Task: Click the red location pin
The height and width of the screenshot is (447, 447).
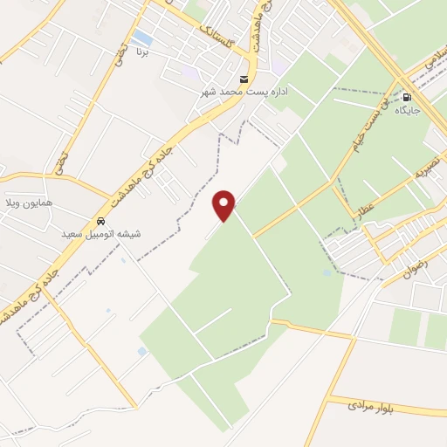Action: pos(224,204)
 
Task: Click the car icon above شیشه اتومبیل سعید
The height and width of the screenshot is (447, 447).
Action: pos(102,221)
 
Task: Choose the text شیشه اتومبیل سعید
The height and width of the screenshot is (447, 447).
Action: pos(101,235)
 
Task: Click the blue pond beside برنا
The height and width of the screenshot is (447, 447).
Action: pos(142,38)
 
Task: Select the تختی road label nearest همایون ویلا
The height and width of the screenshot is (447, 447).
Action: pos(60,161)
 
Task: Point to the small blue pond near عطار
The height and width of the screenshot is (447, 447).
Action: pos(327,272)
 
